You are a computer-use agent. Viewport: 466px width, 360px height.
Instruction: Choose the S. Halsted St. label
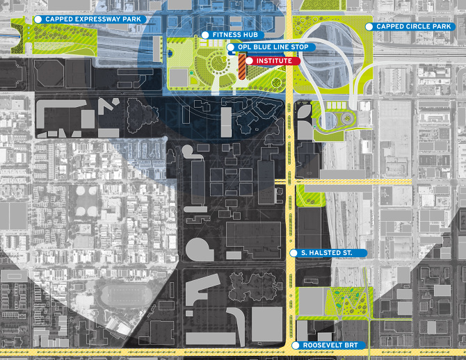click(326, 253)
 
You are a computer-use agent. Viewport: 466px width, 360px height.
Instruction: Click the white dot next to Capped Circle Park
click(369, 26)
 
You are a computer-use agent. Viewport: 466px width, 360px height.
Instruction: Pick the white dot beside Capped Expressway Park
click(38, 19)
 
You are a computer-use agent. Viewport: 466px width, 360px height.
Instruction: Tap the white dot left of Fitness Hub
click(205, 35)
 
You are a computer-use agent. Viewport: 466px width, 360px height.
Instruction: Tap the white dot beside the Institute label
click(249, 61)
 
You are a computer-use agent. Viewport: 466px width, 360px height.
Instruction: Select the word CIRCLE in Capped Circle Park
click(413, 26)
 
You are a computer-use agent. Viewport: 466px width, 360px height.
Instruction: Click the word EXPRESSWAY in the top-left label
click(93, 19)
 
